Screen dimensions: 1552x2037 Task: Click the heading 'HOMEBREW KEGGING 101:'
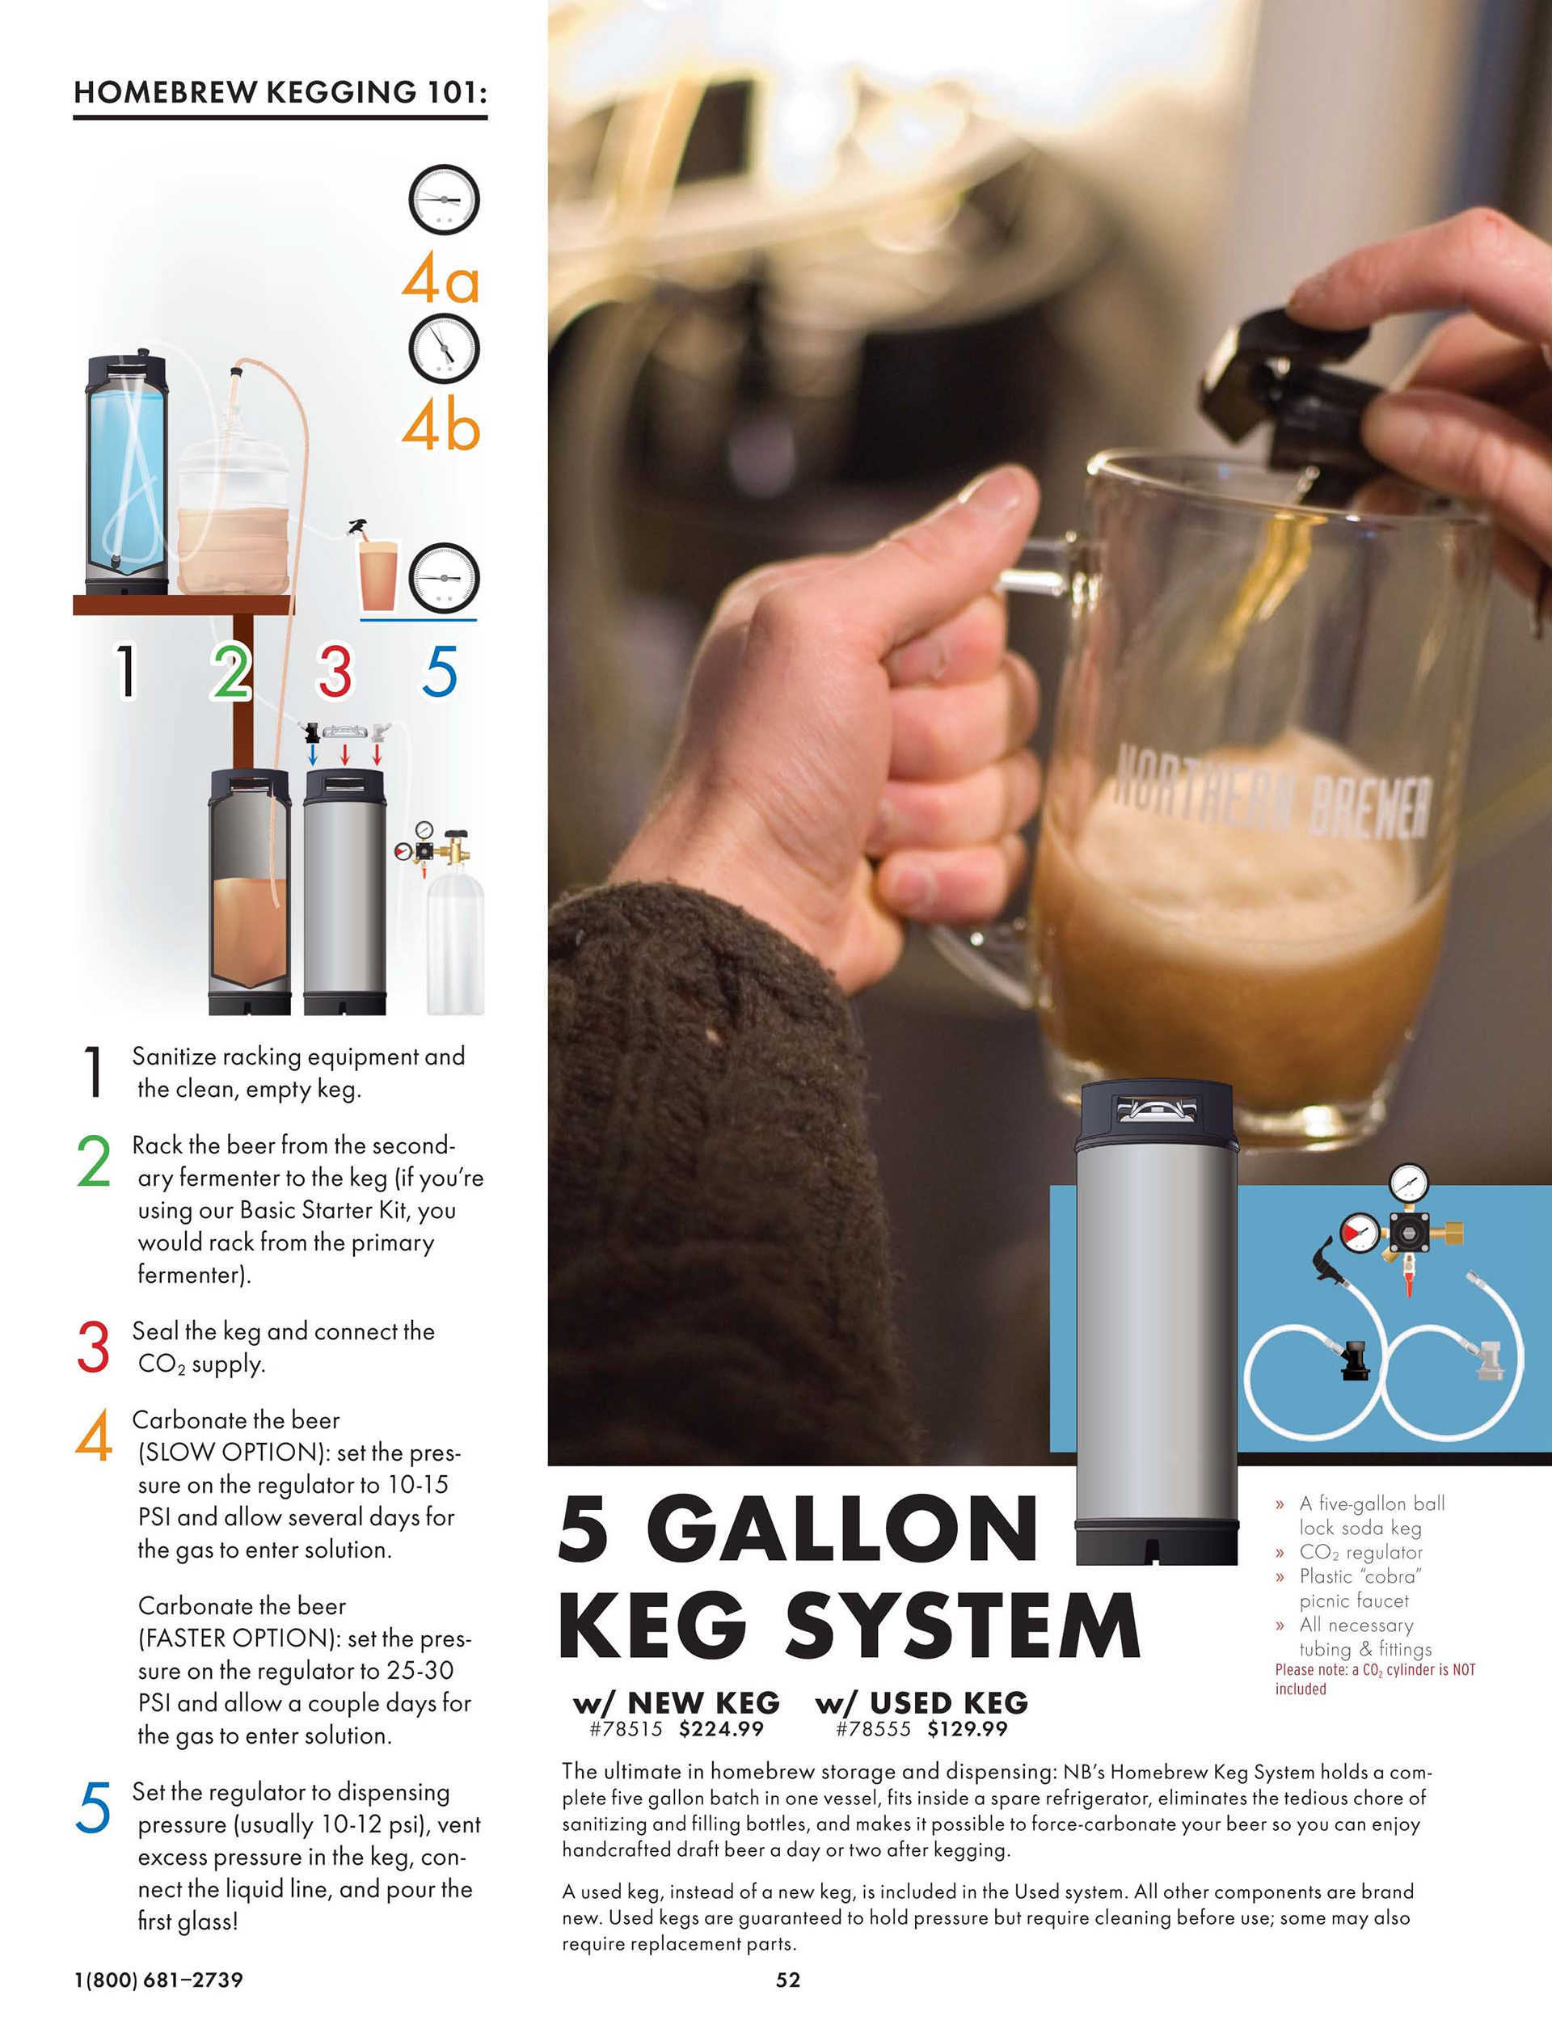[280, 92]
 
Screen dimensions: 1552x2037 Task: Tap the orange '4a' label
[441, 279]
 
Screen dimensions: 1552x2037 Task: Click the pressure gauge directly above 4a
[444, 200]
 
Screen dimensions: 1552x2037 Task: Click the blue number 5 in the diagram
[440, 671]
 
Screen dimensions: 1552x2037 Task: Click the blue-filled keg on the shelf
[128, 472]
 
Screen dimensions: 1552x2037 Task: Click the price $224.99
[720, 1729]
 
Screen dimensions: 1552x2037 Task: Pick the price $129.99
[968, 1729]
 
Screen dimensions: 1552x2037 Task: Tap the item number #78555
[873, 1729]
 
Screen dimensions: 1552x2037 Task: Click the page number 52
[788, 1980]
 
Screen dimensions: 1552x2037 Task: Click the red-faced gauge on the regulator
[1360, 1231]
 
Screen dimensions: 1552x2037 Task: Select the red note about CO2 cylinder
[1375, 1680]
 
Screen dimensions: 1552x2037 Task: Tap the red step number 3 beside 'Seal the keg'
[93, 1346]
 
